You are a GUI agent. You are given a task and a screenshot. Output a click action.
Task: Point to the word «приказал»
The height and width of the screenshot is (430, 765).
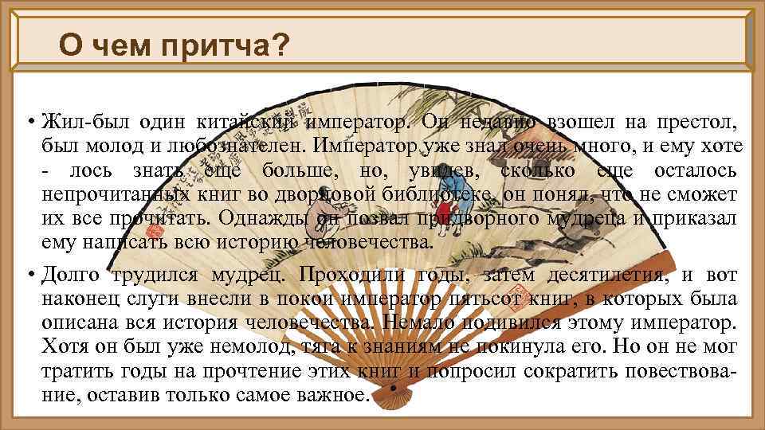(696, 219)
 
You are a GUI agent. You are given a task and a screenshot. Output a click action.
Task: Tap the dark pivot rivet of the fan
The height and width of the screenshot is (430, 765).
(392, 389)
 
